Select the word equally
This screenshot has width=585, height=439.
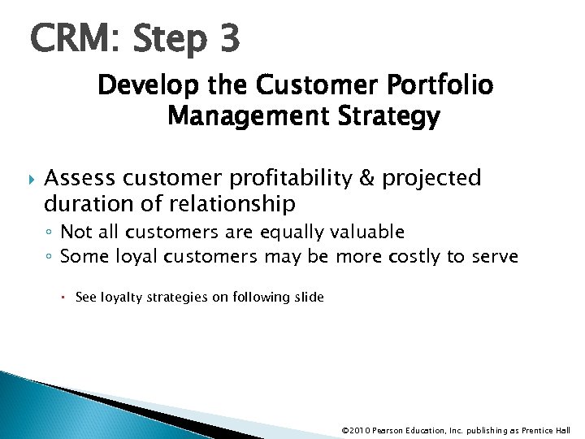(290, 233)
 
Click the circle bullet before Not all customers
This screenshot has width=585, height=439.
(50, 233)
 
